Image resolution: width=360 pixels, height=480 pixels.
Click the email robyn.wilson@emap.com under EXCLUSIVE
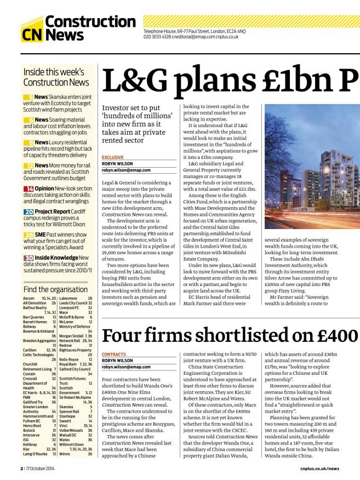[x=126, y=170]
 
